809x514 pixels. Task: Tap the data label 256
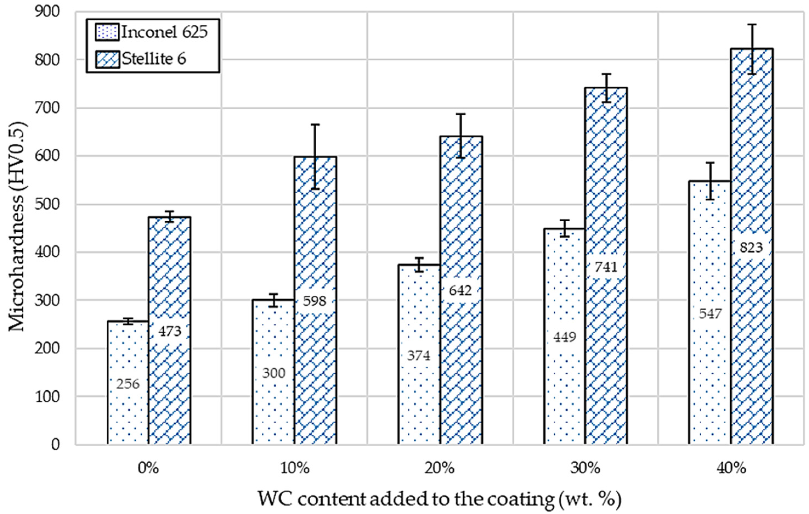(128, 384)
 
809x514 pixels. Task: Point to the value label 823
(751, 248)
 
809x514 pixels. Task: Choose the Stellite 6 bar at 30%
(606, 336)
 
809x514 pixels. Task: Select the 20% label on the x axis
(439, 468)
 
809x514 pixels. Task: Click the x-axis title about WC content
(439, 499)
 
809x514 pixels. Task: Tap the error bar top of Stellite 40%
(751, 24)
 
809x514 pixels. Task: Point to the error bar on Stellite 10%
(315, 157)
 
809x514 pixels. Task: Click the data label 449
(565, 337)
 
